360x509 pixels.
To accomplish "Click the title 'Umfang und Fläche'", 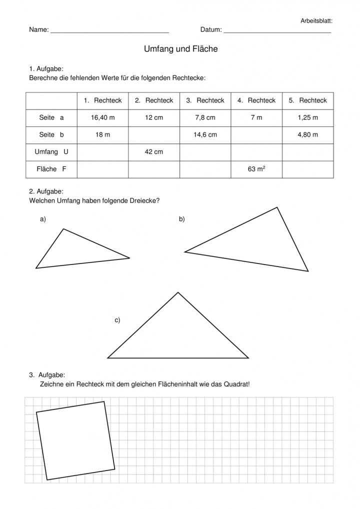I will click(x=180, y=49).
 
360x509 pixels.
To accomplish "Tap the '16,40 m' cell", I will click(x=103, y=117).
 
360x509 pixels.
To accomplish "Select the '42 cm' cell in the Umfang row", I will click(x=154, y=151).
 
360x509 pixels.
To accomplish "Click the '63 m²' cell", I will click(x=256, y=169).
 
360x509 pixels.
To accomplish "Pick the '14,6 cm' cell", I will click(x=205, y=134).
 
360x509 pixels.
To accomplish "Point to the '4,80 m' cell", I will click(x=307, y=134).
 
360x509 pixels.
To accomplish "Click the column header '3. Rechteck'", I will click(x=205, y=100).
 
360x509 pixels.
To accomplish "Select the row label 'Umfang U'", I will click(x=51, y=151).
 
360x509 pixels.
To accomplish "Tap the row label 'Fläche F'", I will click(x=51, y=169).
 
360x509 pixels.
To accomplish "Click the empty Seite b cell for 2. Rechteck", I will click(x=154, y=134).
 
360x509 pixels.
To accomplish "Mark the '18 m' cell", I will click(x=103, y=134).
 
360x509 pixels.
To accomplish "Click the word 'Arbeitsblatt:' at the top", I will click(x=316, y=21).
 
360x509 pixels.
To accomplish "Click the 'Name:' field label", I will click(x=39, y=30).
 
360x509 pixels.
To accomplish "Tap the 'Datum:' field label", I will click(x=211, y=30).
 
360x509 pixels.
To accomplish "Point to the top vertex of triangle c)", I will click(x=178, y=292).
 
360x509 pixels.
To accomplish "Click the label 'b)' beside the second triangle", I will click(x=182, y=219).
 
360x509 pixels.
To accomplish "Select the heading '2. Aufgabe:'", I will click(x=46, y=191).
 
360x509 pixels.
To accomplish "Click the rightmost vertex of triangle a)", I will click(x=129, y=258).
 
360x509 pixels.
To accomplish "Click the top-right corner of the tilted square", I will click(x=104, y=401).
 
